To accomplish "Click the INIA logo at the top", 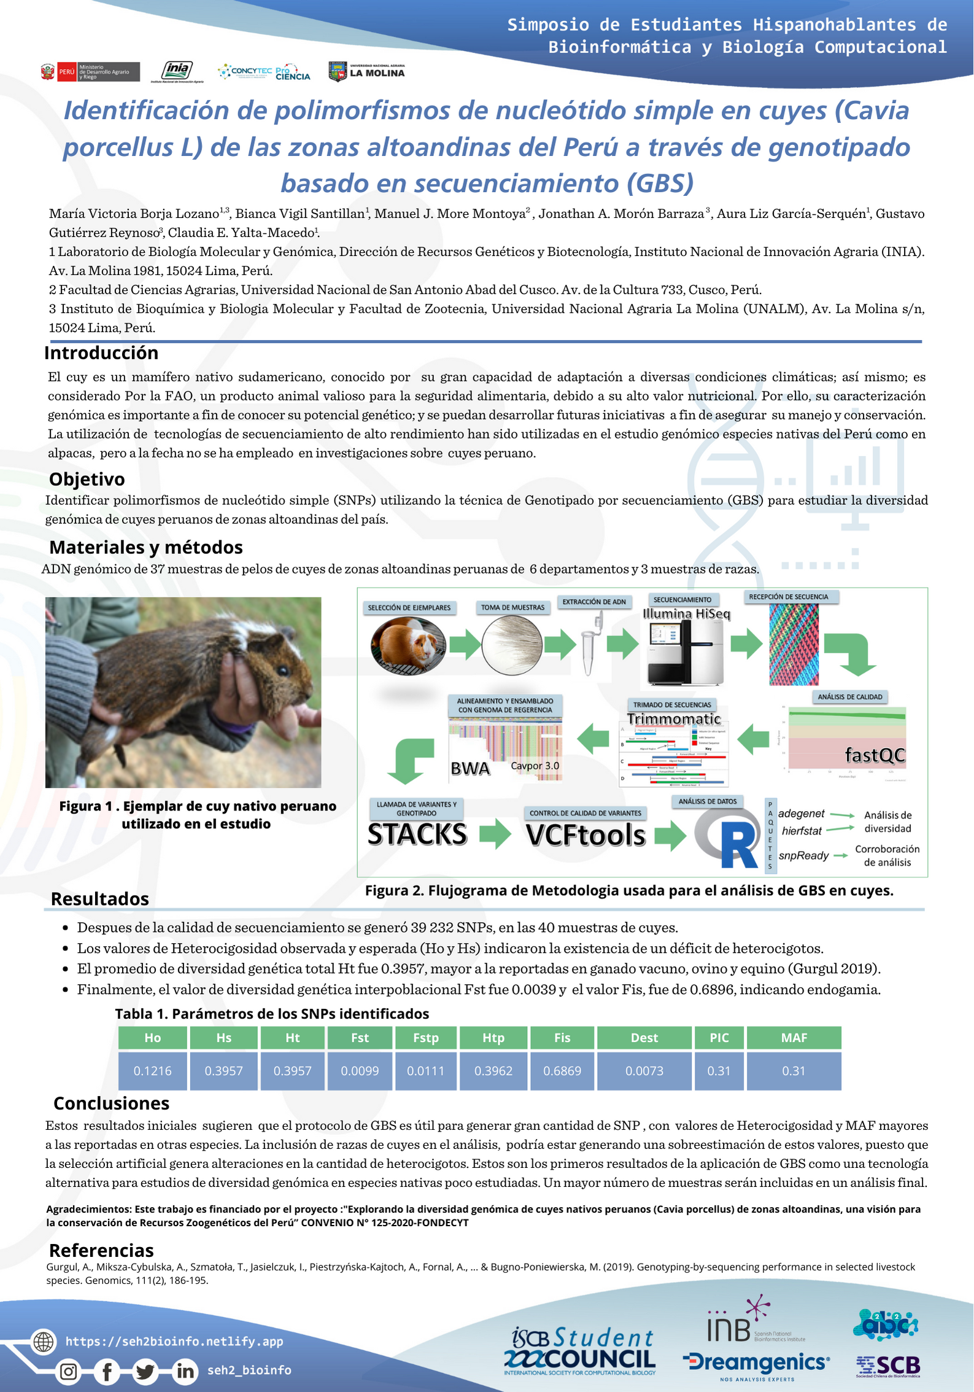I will (x=177, y=71).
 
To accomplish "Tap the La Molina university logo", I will (x=367, y=72).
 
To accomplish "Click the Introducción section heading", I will (x=101, y=353).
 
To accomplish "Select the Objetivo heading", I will (x=87, y=479).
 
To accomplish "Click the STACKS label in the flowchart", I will (x=417, y=834).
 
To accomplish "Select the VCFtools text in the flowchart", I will (x=586, y=835).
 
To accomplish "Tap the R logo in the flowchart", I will (x=729, y=838).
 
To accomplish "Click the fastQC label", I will (x=875, y=755).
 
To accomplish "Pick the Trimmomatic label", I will (x=674, y=719).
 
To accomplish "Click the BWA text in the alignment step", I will (x=470, y=769).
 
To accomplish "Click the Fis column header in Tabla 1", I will (x=562, y=1038).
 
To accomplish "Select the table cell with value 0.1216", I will (x=153, y=1071).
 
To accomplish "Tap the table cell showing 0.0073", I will (x=644, y=1071).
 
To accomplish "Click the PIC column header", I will (x=719, y=1038).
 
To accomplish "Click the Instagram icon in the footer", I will (x=69, y=1371).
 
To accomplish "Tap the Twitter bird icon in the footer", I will (x=145, y=1371).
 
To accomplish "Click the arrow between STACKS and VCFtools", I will (x=495, y=834).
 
